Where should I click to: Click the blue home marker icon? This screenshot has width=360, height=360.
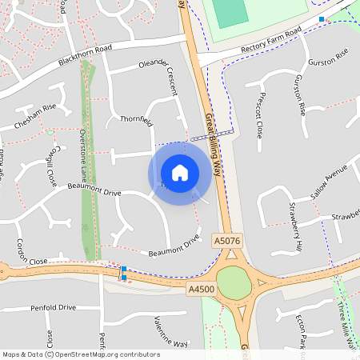[179, 172]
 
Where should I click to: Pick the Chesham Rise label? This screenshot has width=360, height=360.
[34, 117]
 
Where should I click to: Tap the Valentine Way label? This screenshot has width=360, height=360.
[161, 331]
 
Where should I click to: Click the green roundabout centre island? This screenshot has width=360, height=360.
[233, 283]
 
